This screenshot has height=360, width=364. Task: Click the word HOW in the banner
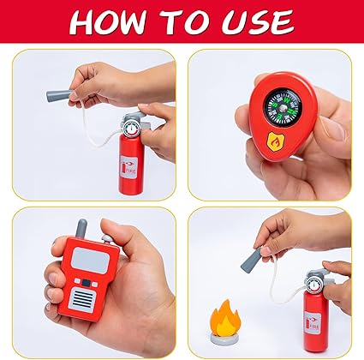109,22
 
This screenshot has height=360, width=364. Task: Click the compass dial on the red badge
283,107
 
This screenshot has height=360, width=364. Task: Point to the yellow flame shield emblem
276,141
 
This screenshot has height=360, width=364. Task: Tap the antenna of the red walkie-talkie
81,229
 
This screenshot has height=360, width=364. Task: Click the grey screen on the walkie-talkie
90,261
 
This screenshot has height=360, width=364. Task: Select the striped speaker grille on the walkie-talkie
82,300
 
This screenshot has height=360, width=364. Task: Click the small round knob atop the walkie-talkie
107,239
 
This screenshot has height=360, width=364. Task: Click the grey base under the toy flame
224,339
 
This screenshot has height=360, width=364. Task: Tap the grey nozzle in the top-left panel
59,95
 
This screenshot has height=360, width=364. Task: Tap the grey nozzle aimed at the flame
252,260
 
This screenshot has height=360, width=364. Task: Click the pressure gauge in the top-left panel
130,129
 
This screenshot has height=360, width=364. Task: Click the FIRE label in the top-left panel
128,168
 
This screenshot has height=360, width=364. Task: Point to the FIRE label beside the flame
313,323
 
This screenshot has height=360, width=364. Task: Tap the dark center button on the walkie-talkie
86,283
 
